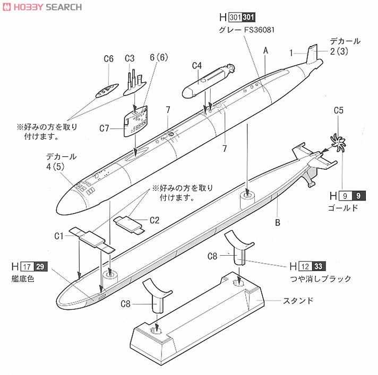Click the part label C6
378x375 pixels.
[x=108, y=58]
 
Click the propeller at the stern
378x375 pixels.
[x=338, y=142]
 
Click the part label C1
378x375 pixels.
[x=59, y=234]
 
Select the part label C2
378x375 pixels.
[x=155, y=220]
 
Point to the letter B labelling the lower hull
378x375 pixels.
[x=277, y=223]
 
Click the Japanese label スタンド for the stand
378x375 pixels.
[x=298, y=301]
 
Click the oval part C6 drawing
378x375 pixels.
[x=107, y=90]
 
